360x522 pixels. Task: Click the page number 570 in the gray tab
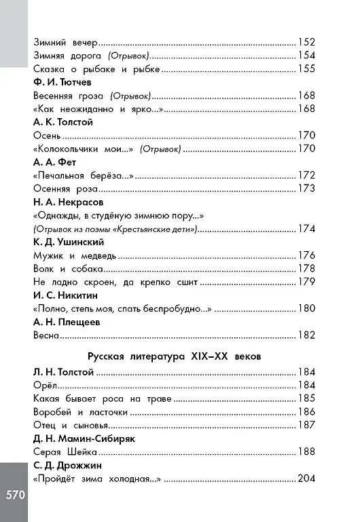coord(15,493)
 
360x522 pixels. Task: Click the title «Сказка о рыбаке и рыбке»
coord(96,69)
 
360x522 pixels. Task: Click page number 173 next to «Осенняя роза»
coord(306,188)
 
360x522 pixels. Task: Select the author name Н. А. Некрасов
coord(71,202)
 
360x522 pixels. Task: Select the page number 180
coord(306,308)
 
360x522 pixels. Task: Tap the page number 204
coord(306,479)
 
